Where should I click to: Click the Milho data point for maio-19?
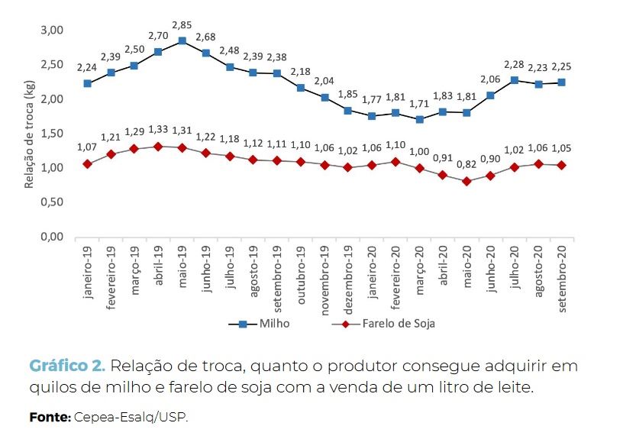point(182,41)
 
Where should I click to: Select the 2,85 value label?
point(182,25)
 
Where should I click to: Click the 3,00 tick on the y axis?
point(50,30)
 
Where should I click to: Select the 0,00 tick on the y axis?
point(50,237)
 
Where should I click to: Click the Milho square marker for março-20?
point(419,120)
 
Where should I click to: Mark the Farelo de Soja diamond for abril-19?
point(158,146)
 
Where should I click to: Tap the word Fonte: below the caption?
point(50,417)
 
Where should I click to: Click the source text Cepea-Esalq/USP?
point(131,417)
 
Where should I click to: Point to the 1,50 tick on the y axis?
point(50,134)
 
